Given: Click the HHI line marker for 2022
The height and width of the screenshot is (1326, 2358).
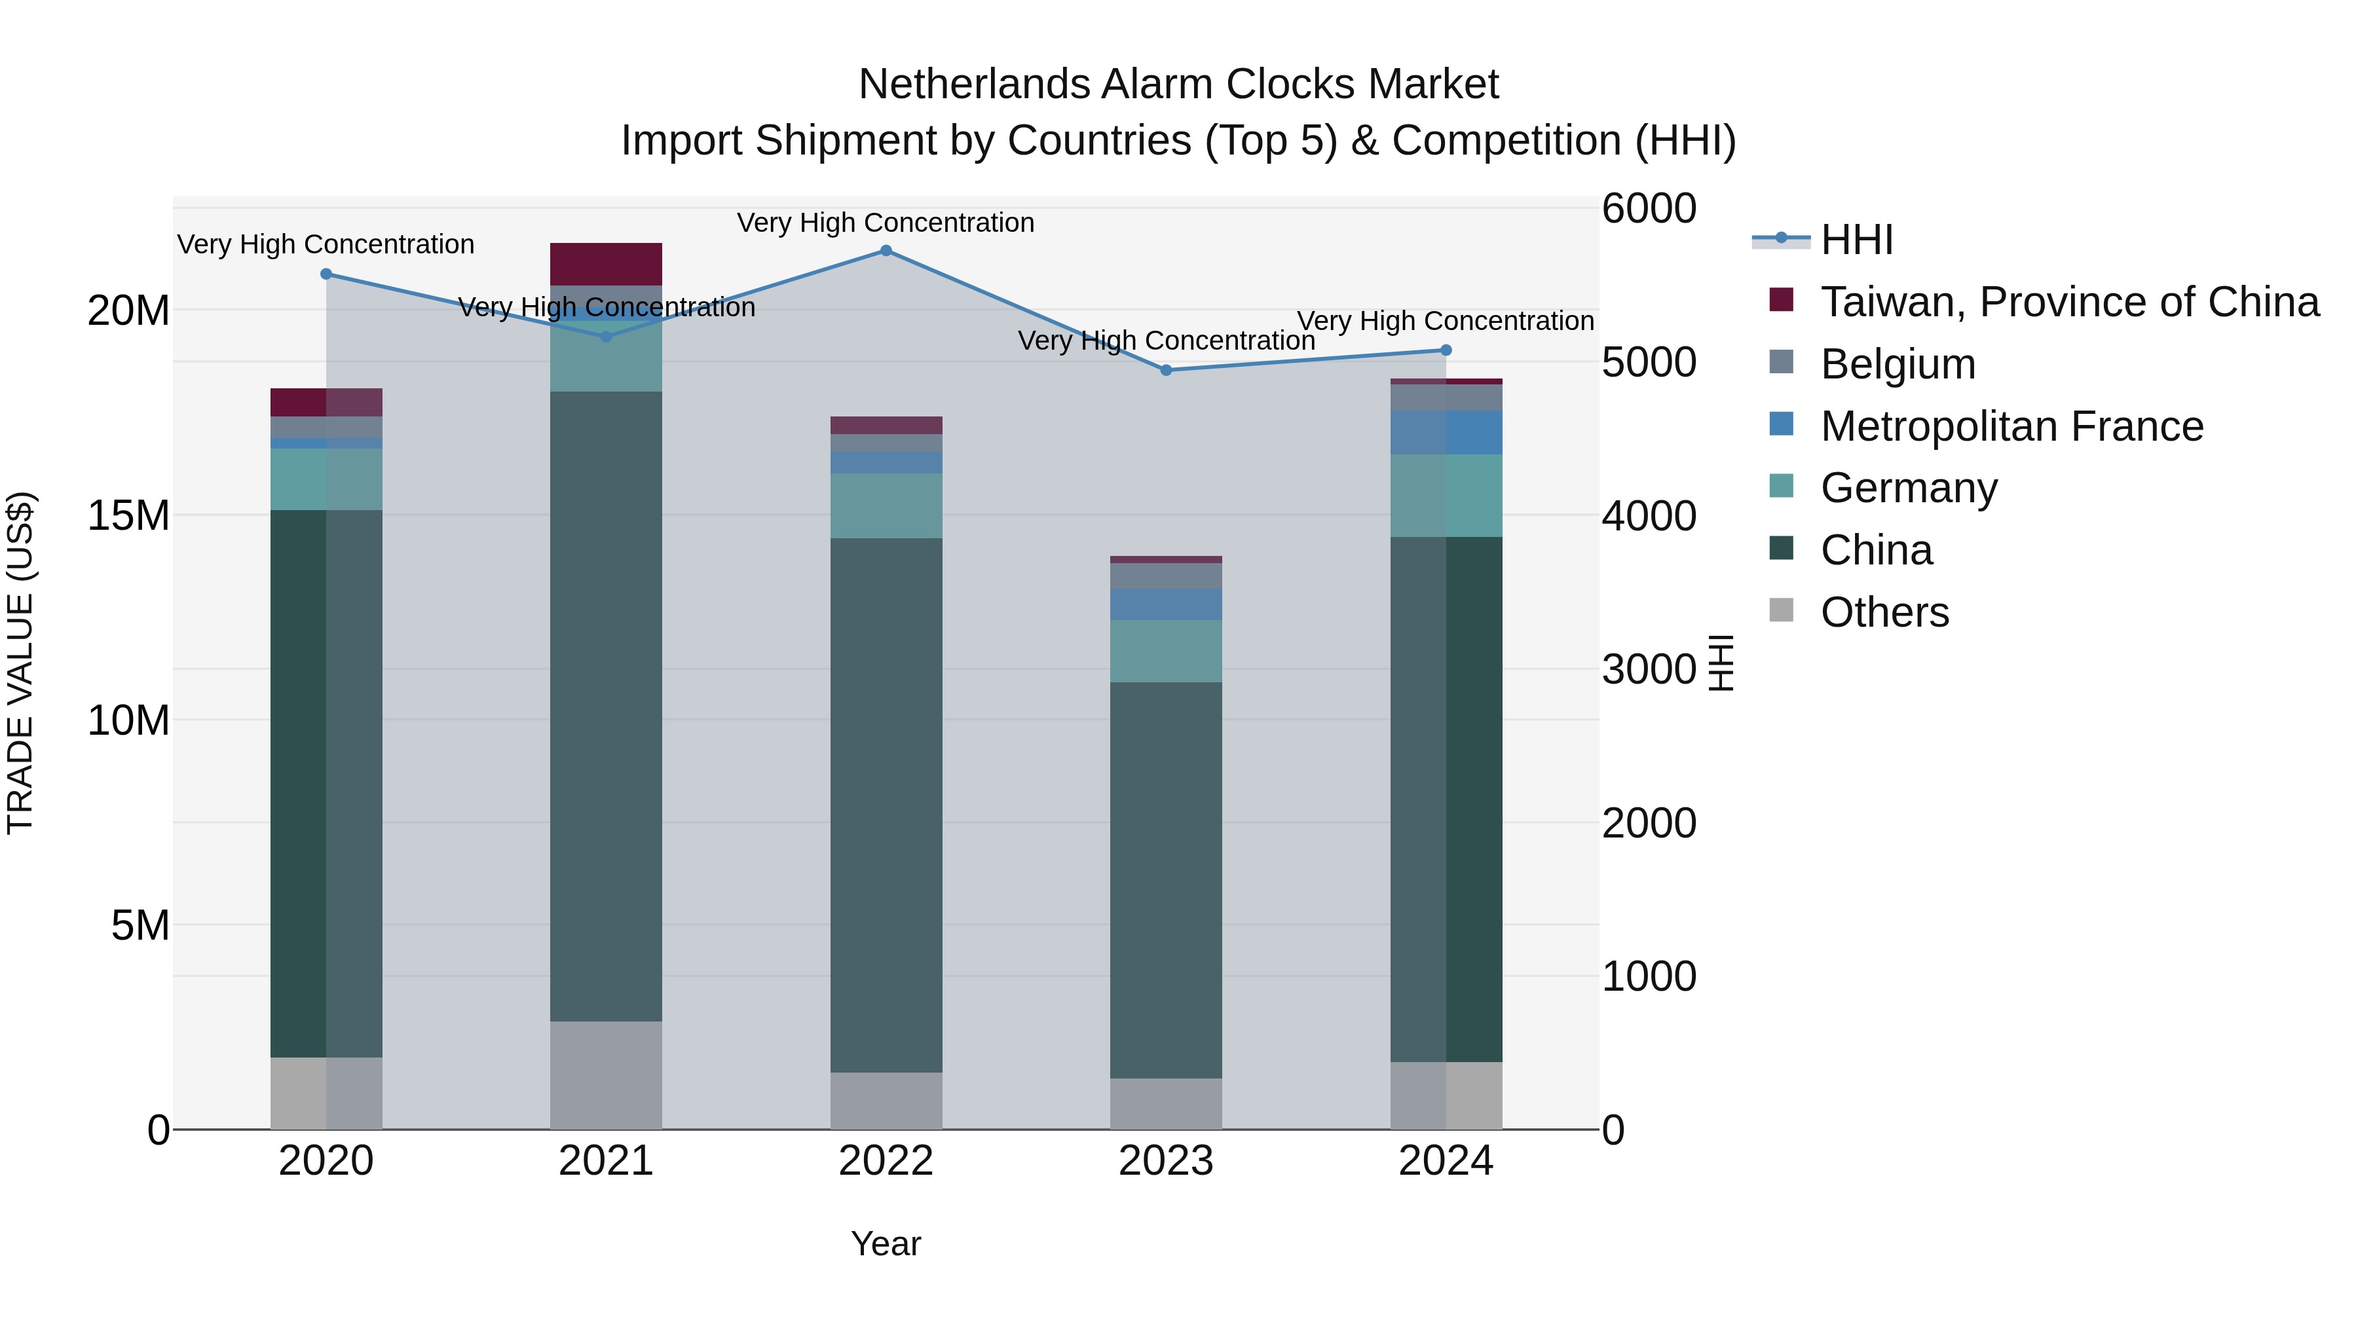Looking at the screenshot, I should [x=885, y=251].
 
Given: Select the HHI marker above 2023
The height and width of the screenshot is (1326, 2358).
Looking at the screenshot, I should [x=1165, y=371].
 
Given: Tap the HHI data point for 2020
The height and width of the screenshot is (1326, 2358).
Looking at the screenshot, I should [x=326, y=274].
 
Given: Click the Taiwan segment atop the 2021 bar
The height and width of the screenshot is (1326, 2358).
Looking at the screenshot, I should [x=605, y=265].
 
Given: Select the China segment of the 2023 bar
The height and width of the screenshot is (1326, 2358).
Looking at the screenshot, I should [x=1165, y=879].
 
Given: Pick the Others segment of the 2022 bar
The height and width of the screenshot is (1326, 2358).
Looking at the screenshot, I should [x=885, y=1100].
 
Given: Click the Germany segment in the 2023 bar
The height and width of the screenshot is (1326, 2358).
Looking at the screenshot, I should [x=1165, y=651].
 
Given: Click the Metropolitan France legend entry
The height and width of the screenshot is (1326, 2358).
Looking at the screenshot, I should [x=2011, y=426].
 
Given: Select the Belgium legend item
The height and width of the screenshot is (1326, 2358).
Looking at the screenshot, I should [x=1897, y=364].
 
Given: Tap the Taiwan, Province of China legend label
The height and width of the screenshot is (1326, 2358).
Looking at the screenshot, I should [x=2068, y=302].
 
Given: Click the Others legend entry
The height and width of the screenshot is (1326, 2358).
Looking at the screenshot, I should [x=1884, y=612].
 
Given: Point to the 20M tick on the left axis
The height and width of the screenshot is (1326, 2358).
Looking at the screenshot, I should [x=128, y=311].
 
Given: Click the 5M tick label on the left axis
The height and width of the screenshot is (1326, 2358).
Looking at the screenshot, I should [x=139, y=925].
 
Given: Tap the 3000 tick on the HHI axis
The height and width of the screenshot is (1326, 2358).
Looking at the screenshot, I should [x=1649, y=669].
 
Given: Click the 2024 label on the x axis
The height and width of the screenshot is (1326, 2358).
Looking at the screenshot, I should [x=1446, y=1161].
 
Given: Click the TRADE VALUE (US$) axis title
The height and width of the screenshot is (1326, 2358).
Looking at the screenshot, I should [x=21, y=663].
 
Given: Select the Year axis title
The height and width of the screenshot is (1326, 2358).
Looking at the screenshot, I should [x=885, y=1243].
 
